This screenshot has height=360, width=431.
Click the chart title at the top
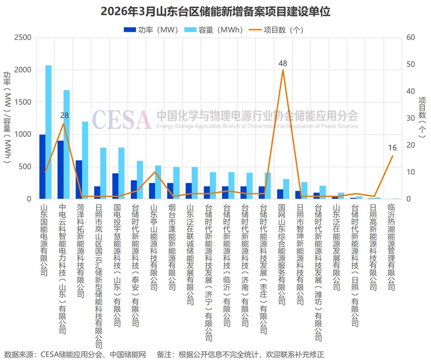[x=215, y=11]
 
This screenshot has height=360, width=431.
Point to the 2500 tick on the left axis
[x=22, y=38]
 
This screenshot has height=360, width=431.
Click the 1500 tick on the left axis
[x=22, y=102]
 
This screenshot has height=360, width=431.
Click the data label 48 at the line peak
[x=282, y=63]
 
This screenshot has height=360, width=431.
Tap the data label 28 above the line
[x=64, y=115]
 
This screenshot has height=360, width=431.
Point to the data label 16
[x=392, y=148]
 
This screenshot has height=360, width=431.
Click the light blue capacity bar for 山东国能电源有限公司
[x=49, y=132]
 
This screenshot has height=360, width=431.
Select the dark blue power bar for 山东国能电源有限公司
[x=43, y=167]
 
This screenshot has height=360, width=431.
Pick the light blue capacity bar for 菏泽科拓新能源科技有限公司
[x=85, y=160]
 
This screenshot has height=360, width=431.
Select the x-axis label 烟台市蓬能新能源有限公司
[x=172, y=246]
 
